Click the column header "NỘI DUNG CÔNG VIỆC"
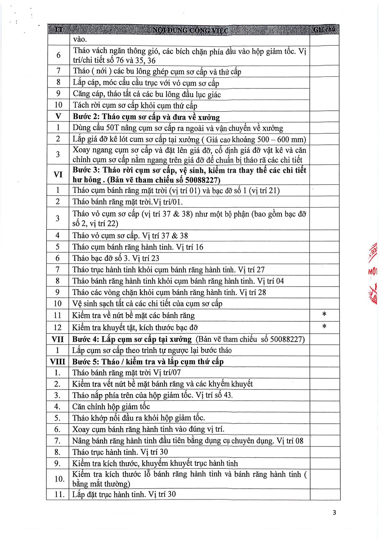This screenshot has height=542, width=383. pos(190,30)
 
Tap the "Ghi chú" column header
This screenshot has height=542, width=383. pos(324,29)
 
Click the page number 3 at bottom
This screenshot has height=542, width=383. pos(334,513)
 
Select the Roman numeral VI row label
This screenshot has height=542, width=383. pos(58,175)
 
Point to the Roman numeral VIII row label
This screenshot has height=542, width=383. pos(58,362)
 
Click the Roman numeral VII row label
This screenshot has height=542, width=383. pos(58,339)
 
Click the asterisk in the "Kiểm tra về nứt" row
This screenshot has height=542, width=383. pos(324,314)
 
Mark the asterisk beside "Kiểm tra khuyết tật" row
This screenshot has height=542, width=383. pos(324,327)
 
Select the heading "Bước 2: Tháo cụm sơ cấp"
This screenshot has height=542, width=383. pos(146,117)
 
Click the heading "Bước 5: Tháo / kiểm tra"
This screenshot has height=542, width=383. pos(148,362)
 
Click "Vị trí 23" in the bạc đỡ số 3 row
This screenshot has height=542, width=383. pos(146,258)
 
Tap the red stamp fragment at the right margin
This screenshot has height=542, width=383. pos(373,272)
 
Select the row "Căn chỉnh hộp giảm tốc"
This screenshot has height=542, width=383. pos(111,406)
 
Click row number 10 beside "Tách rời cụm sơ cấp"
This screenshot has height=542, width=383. pos(58,105)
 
